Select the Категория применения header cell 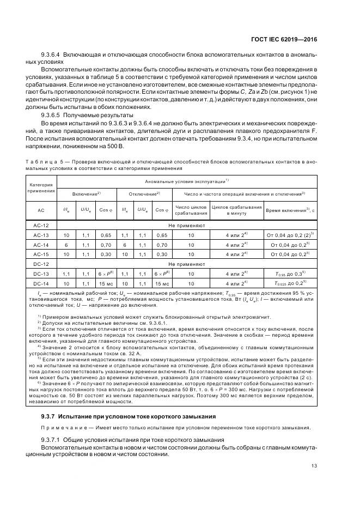click(41, 188)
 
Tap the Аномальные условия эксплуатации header click(187, 181)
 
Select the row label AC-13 click(41, 235)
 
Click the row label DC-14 click(41, 283)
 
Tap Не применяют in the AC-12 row click(187, 224)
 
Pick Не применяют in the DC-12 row click(187, 264)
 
